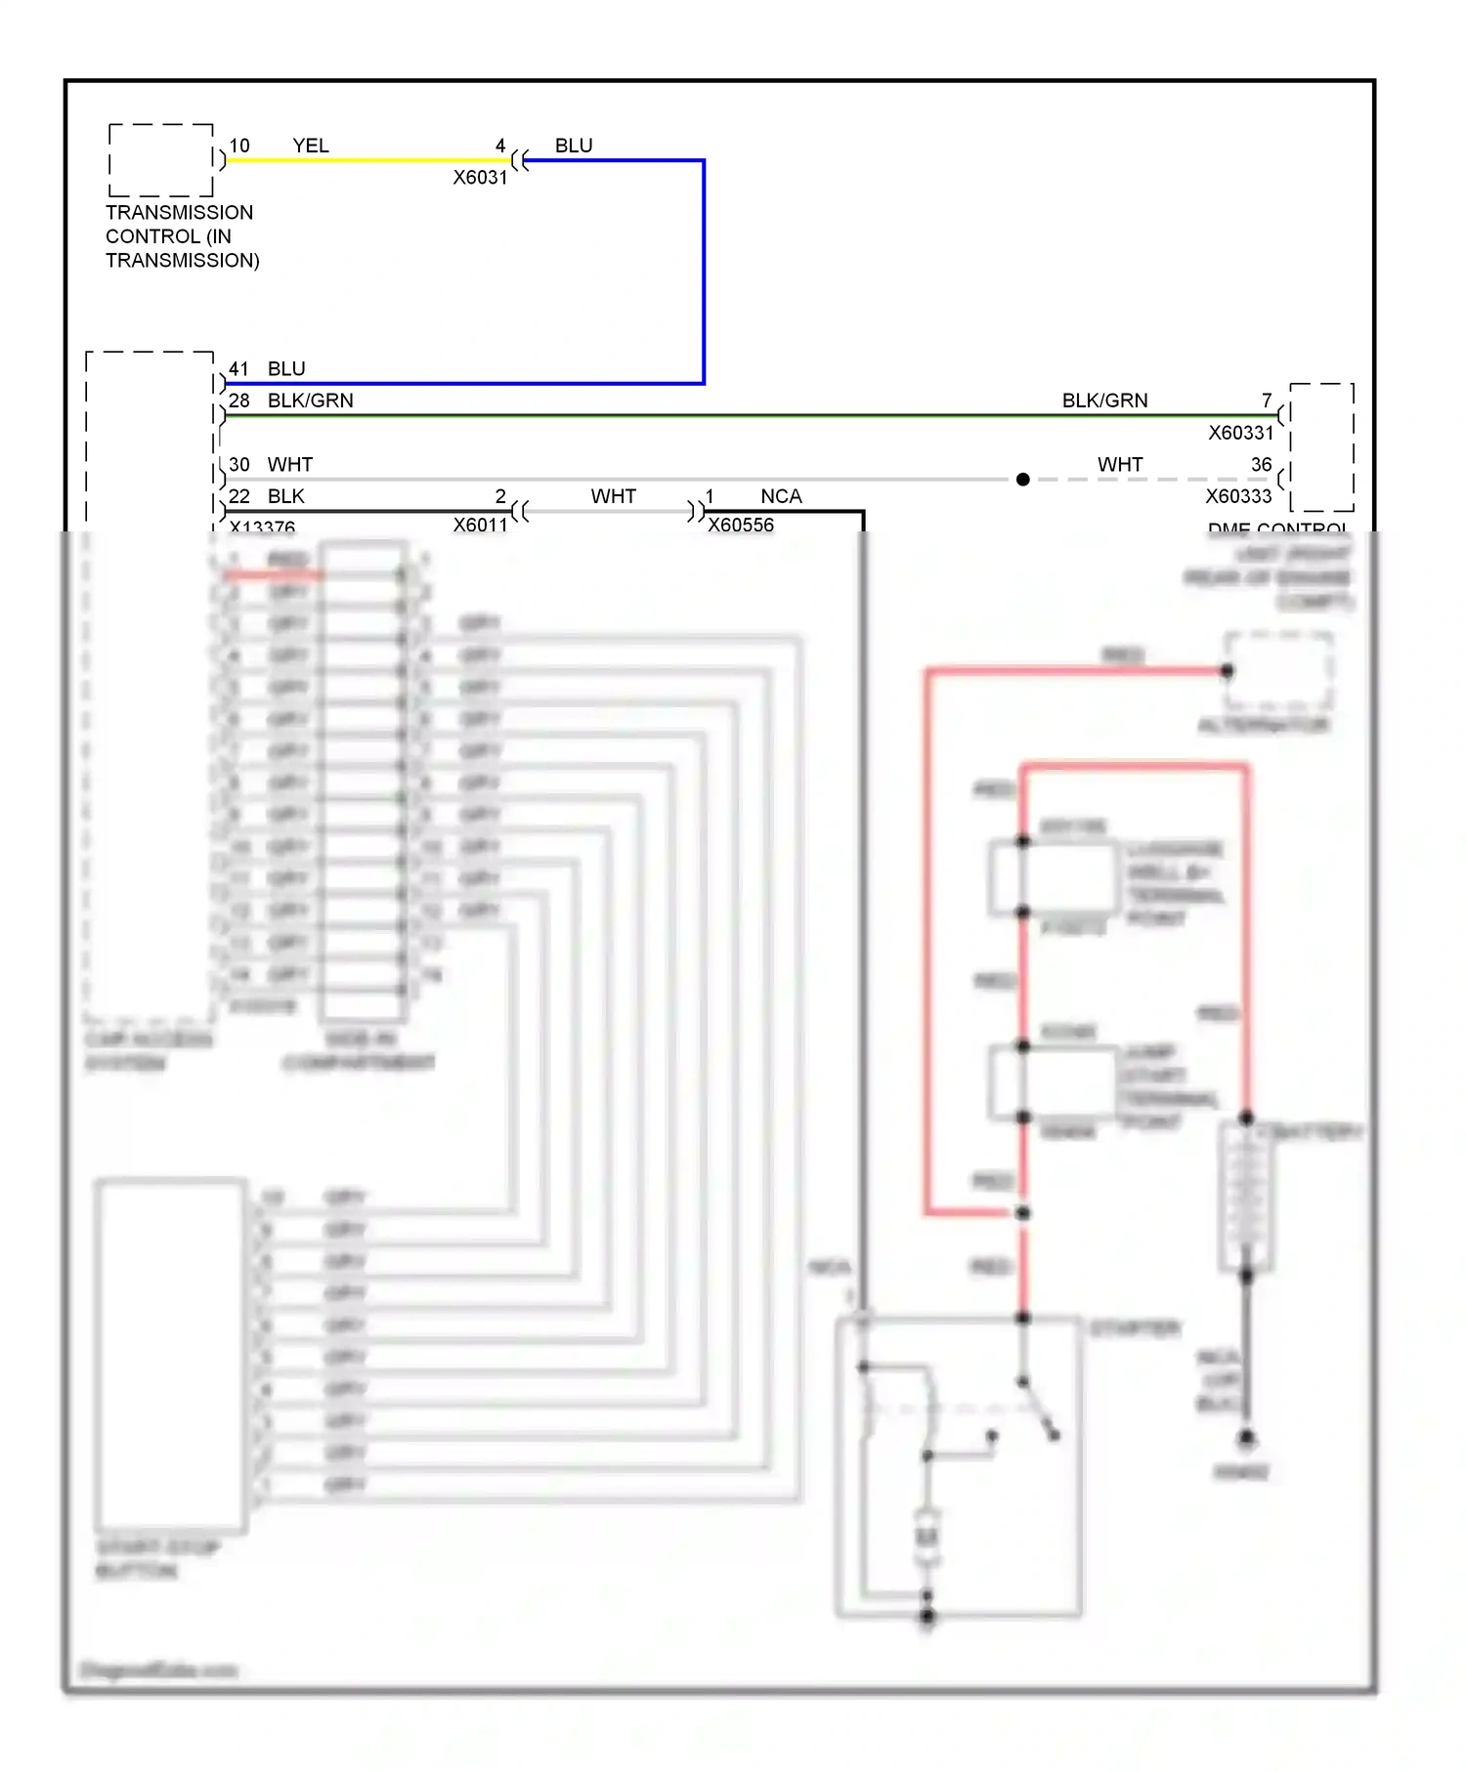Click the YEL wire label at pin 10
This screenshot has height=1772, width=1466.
click(x=311, y=146)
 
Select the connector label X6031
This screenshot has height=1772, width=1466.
click(x=480, y=178)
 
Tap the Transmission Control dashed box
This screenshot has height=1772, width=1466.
click(x=161, y=160)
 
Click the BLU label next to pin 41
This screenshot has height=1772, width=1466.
click(x=286, y=369)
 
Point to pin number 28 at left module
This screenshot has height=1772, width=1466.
click(x=239, y=401)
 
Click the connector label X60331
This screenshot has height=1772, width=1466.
click(x=1240, y=433)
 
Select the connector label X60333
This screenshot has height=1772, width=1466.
click(x=1238, y=496)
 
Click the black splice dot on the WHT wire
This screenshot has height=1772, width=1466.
click(x=1022, y=480)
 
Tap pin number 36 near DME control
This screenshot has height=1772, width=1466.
click(x=1261, y=465)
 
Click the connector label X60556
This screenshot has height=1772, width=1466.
click(x=741, y=526)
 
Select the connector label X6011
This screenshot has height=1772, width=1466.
click(x=480, y=526)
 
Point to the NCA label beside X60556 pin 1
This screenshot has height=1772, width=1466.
click(x=781, y=496)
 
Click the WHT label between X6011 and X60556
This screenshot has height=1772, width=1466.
click(x=613, y=496)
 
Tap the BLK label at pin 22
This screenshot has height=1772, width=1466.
click(x=286, y=496)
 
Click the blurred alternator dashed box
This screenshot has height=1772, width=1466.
click(x=1278, y=672)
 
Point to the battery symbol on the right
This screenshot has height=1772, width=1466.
click(x=1246, y=1196)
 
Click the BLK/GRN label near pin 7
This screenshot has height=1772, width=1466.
click(x=1104, y=401)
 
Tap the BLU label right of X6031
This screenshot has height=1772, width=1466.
click(x=574, y=146)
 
